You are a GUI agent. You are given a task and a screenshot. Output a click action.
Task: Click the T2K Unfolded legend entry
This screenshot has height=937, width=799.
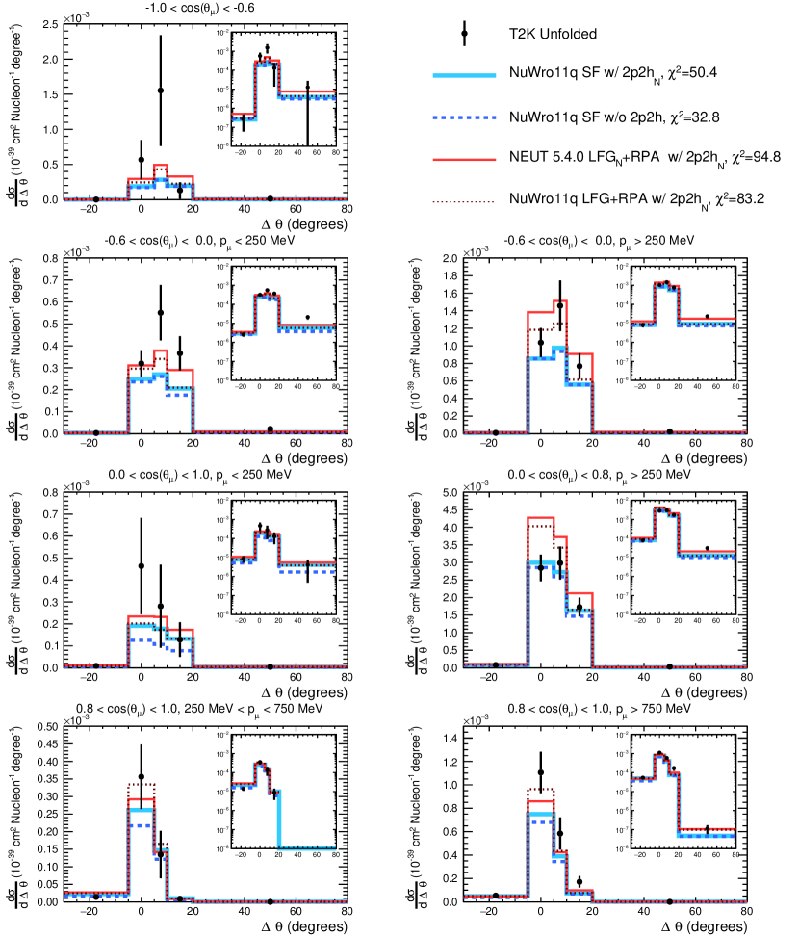click(x=553, y=34)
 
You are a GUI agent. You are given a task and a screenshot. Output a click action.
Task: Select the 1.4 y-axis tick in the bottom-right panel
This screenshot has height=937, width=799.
click(x=449, y=740)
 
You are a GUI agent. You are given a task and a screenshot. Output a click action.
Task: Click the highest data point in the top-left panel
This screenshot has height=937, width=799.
click(x=161, y=91)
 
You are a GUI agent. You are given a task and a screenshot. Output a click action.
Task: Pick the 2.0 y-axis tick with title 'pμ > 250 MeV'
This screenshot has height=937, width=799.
click(x=449, y=259)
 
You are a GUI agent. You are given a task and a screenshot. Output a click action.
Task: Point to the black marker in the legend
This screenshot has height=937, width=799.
click(x=464, y=34)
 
